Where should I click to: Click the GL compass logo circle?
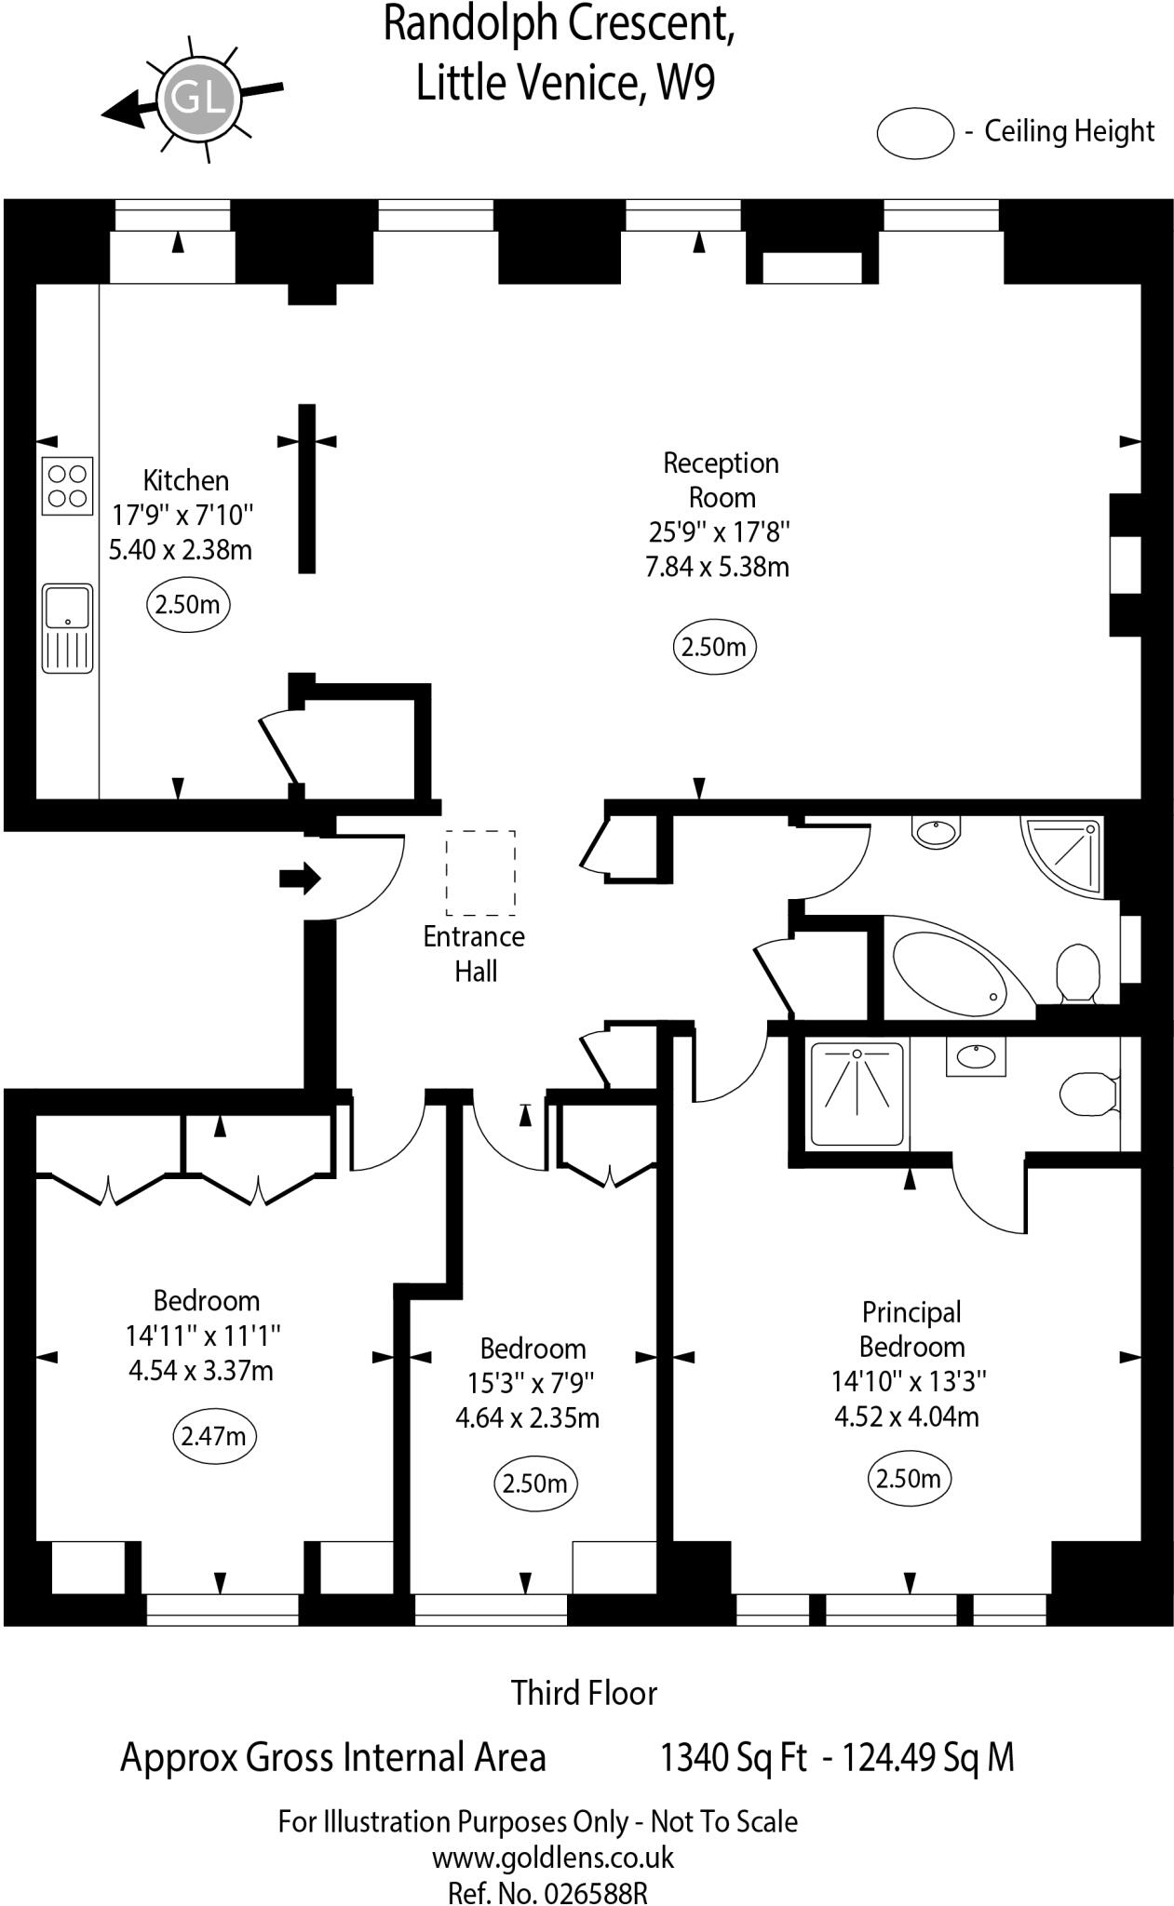[x=198, y=97]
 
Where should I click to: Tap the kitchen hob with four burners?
[x=67, y=486]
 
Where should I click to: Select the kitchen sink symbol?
[x=67, y=627]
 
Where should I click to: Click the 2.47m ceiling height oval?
[x=214, y=1435]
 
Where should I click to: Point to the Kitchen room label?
[x=185, y=480]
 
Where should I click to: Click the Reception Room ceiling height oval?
[x=714, y=647]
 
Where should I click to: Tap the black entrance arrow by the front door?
[x=300, y=878]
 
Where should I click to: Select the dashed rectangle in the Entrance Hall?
[x=480, y=872]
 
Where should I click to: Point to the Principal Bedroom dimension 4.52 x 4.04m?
[x=906, y=1416]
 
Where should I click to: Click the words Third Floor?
[x=584, y=1692]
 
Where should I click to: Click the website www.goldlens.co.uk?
[x=553, y=1858]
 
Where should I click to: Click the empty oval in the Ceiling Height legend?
[x=915, y=132]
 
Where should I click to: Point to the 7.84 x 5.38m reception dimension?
[x=717, y=566]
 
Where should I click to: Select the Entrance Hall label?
[x=474, y=953]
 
